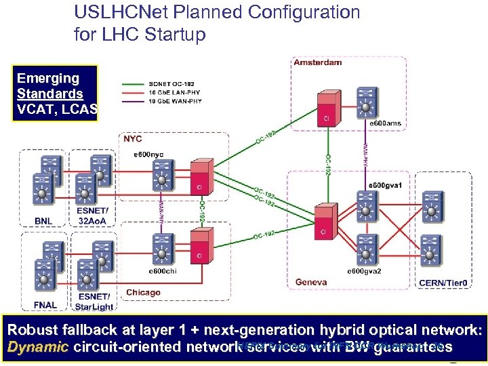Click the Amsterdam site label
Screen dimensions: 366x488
tap(317, 62)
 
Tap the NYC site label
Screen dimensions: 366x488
tap(133, 138)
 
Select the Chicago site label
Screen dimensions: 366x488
tap(143, 293)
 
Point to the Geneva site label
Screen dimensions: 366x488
tap(311, 282)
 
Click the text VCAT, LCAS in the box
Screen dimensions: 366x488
tap(57, 109)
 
